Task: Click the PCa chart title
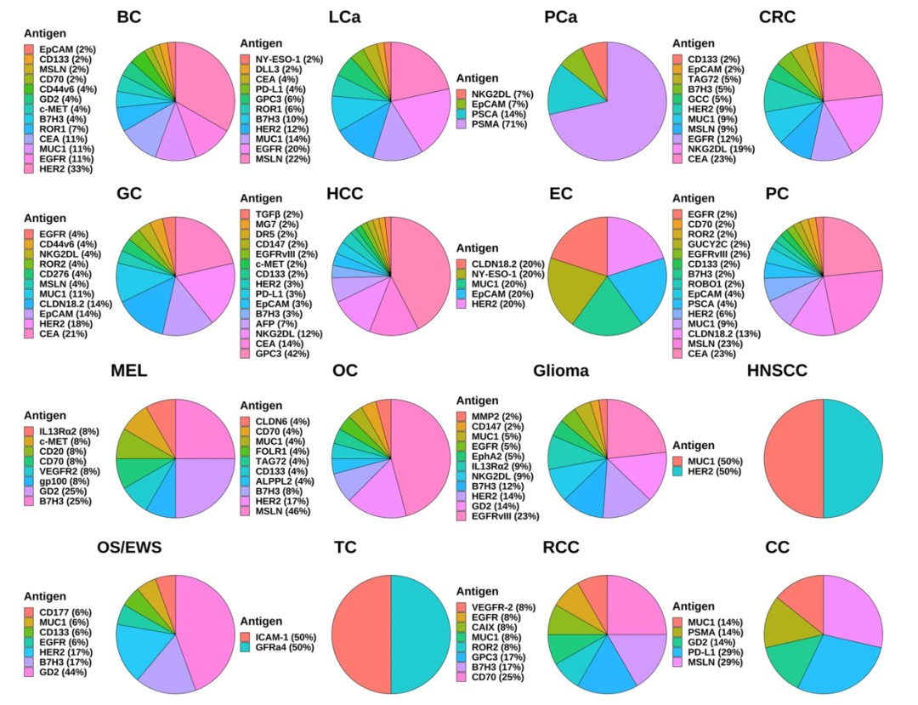coord(560,18)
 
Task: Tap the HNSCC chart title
coord(776,371)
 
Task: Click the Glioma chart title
coord(561,371)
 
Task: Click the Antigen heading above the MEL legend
coord(45,416)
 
